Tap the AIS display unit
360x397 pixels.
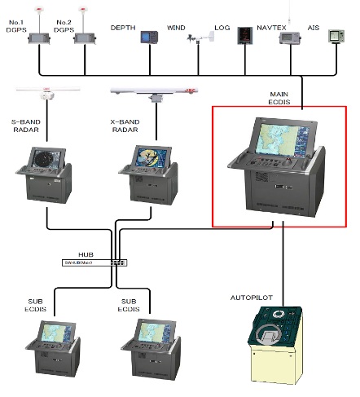(x=336, y=37)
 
